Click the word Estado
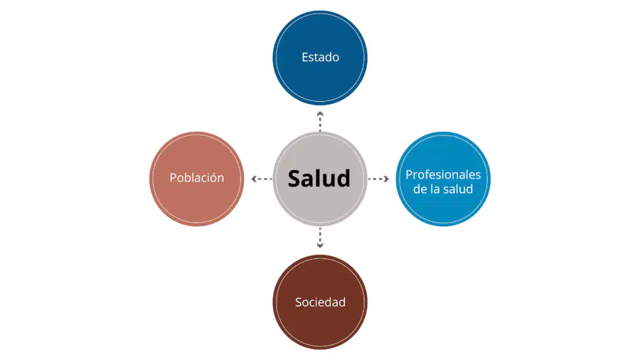click(x=320, y=57)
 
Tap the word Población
click(x=197, y=178)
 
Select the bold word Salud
click(x=319, y=179)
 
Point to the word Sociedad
click(x=320, y=302)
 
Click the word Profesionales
click(x=443, y=175)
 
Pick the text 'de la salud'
click(x=443, y=189)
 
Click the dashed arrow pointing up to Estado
click(x=320, y=121)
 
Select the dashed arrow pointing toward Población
click(x=262, y=179)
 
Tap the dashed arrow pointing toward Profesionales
click(x=378, y=179)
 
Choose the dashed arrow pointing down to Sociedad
click(x=320, y=238)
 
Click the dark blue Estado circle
click(x=320, y=58)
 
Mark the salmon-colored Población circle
click(x=197, y=179)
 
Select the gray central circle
click(x=320, y=179)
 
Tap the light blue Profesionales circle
click(x=443, y=179)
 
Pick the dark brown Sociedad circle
click(x=320, y=302)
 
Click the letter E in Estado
click(x=305, y=57)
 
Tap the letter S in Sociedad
click(x=299, y=302)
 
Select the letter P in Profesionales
click(x=409, y=175)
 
